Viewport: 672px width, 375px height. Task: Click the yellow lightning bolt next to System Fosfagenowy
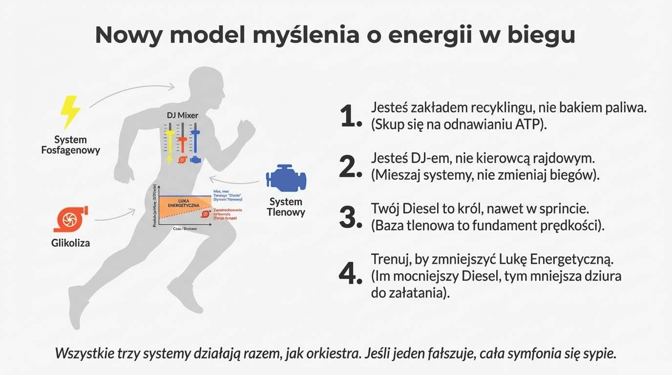70,112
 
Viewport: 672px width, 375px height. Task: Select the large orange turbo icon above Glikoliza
70,219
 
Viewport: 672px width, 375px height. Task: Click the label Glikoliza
70,243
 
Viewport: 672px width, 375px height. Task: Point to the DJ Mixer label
182,116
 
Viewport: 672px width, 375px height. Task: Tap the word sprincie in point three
562,209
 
